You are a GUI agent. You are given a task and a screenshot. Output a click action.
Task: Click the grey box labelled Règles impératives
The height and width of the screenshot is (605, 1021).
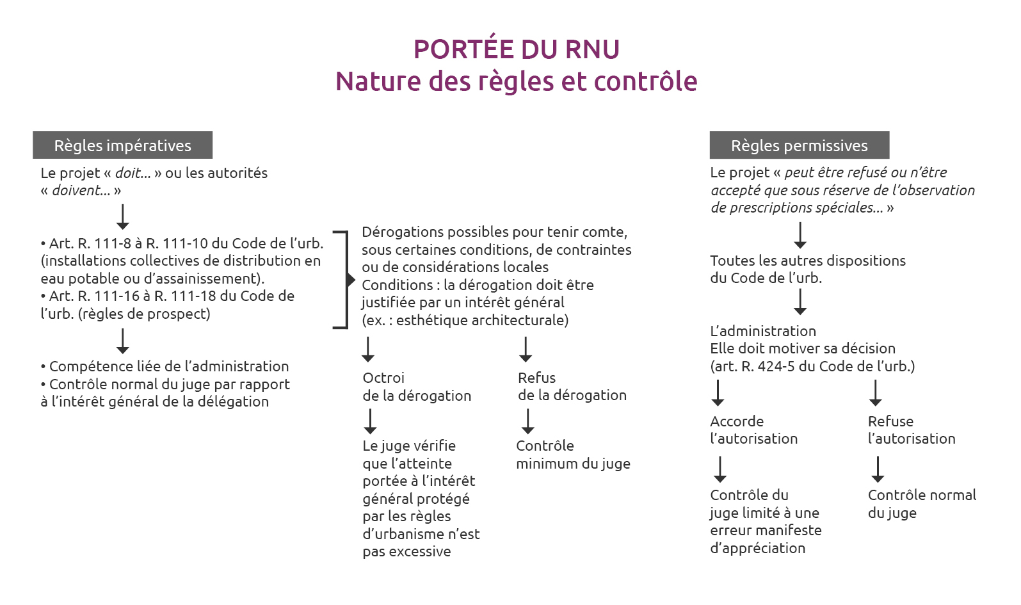(123, 145)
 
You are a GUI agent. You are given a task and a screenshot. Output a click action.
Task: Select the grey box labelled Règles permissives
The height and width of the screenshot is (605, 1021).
(800, 145)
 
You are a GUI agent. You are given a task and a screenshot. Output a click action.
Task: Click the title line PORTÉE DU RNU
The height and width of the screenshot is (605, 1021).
(517, 49)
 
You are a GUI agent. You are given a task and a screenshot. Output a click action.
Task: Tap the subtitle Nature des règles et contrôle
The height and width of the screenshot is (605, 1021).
(517, 81)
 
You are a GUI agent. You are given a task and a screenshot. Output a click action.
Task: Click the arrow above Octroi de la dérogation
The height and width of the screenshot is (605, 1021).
(368, 350)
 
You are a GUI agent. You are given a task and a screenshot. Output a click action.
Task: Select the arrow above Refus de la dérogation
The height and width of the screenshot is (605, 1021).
(526, 350)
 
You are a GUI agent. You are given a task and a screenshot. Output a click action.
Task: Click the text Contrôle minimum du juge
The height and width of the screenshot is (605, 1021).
(574, 455)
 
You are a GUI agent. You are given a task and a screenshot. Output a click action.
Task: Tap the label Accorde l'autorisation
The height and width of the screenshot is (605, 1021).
(754, 430)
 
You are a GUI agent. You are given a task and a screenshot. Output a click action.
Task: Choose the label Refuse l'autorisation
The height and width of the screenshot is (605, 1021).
(912, 430)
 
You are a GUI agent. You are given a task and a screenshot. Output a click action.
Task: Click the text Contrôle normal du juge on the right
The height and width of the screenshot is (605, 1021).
(922, 504)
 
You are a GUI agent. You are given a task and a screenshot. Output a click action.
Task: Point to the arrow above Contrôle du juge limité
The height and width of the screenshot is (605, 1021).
(720, 469)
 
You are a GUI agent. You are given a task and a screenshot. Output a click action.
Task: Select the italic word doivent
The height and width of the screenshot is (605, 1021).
(81, 190)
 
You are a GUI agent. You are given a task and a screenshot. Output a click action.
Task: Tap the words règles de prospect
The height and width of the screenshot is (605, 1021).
(144, 314)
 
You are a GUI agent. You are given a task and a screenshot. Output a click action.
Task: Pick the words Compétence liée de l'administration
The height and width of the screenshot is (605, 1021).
(169, 366)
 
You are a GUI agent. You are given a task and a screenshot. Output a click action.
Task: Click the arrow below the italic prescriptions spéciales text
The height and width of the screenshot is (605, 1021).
(800, 235)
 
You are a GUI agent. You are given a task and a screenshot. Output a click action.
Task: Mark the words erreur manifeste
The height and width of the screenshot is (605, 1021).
(766, 530)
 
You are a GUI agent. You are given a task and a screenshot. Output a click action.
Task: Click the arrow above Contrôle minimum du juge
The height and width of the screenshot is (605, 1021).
(528, 421)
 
